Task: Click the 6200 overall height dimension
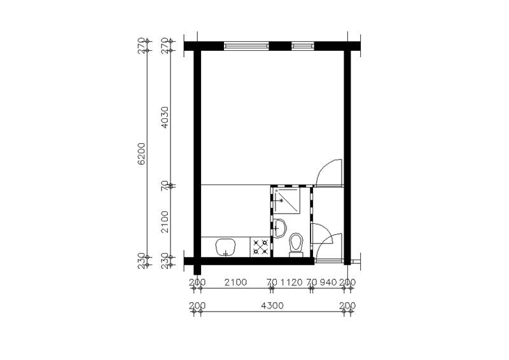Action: (x=142, y=154)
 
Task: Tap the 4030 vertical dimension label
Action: (x=165, y=117)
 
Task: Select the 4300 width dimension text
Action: (x=272, y=306)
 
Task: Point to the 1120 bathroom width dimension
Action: (x=291, y=282)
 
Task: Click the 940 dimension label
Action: (x=328, y=282)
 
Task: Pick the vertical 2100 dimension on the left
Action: (x=165, y=222)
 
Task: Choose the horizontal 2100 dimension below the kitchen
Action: (x=235, y=282)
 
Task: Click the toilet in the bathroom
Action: (x=296, y=244)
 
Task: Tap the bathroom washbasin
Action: (x=279, y=228)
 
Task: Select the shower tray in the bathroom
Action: (x=287, y=200)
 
